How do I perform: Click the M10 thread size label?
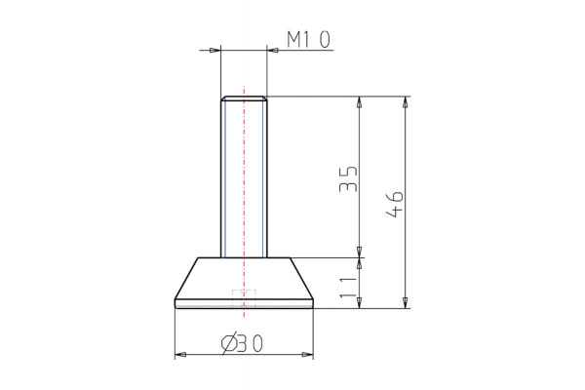point(308,39)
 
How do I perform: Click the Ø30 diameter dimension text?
point(243,342)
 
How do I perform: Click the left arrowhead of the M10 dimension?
point(215,48)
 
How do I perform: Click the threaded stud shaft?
point(244,175)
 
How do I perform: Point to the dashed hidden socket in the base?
point(243,297)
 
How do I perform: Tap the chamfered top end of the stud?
point(244,98)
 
